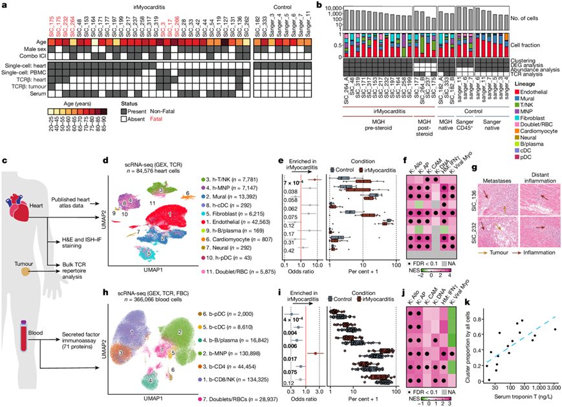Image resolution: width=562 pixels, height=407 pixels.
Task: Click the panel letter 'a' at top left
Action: coord(5,6)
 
